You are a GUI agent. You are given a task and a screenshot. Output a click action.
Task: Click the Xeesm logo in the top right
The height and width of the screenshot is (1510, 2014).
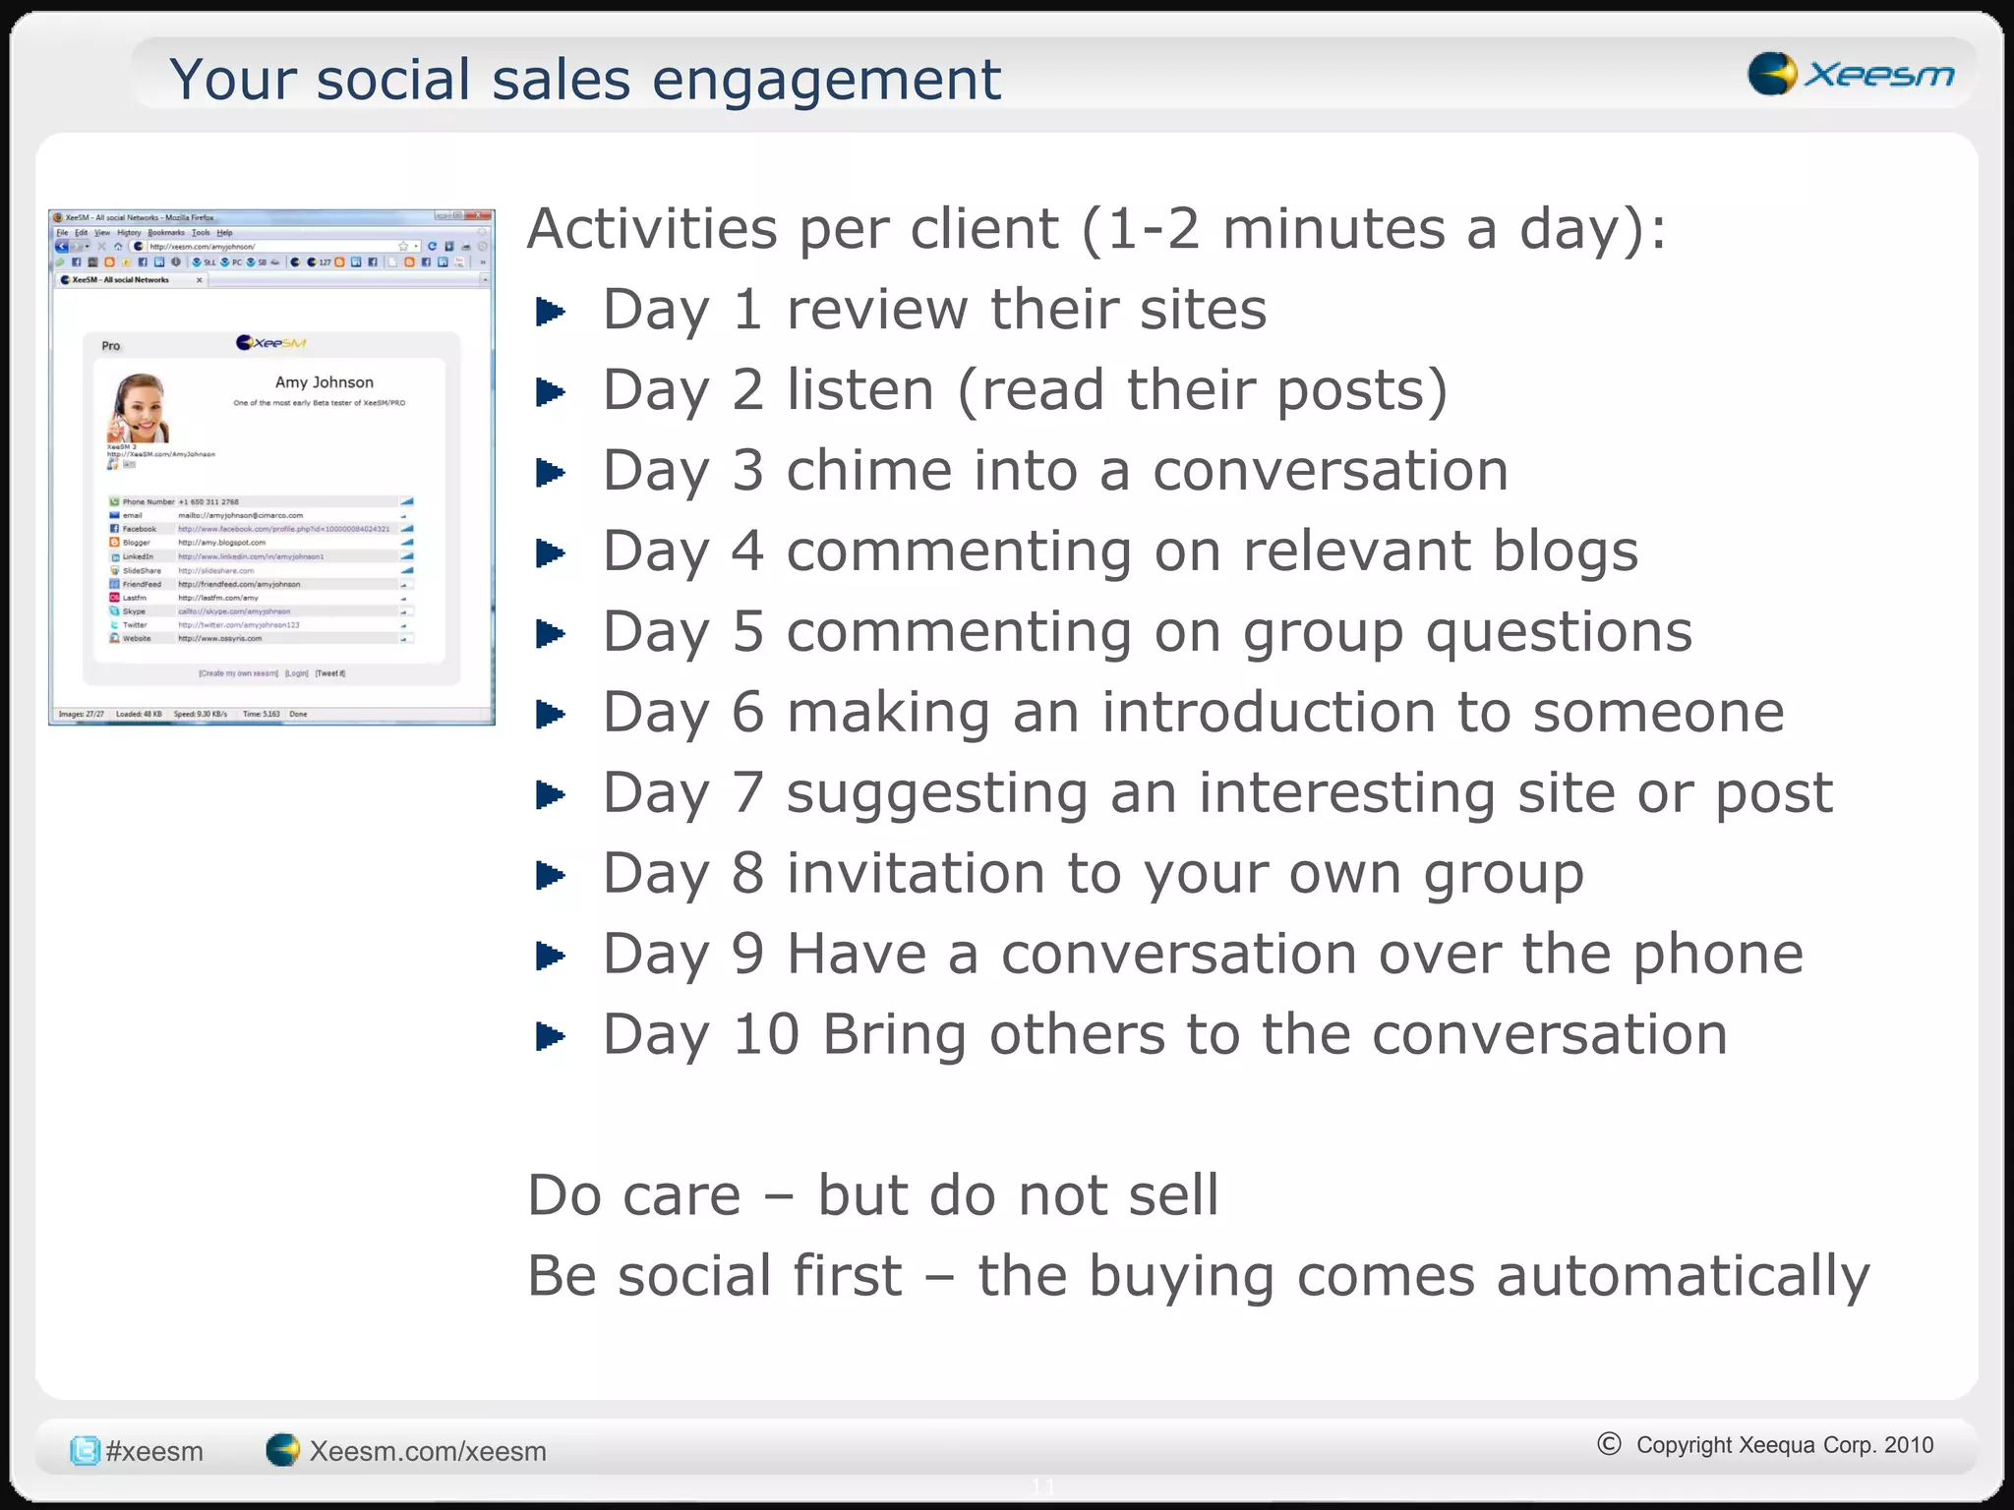(1850, 74)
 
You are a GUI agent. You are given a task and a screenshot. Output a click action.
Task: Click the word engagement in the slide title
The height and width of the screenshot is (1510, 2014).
(826, 81)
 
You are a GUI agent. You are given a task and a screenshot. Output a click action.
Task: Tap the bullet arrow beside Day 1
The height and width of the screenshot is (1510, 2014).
(551, 313)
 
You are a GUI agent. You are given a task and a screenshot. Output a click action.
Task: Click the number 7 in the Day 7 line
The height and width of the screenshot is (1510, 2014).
(747, 793)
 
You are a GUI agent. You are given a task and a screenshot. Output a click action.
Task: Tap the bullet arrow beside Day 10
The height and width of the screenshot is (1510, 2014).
(551, 1036)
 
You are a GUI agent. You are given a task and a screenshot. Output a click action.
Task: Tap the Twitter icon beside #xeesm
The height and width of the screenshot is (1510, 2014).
(86, 1450)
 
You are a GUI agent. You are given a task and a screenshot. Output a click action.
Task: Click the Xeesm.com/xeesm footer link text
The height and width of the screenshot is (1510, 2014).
(428, 1451)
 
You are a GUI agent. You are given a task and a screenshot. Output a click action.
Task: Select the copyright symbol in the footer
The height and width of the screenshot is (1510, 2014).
(1609, 1443)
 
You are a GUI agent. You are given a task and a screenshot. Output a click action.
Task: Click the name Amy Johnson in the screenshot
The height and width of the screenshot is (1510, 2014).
(324, 382)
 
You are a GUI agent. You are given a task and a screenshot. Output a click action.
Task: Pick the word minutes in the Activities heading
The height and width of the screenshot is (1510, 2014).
(1333, 230)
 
